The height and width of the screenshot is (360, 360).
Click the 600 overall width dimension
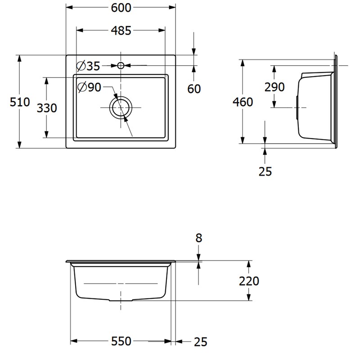coord(121,8)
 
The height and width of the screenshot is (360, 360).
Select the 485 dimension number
coord(121,31)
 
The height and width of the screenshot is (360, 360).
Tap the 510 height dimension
coord(20,102)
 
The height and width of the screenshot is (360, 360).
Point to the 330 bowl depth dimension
coord(47,108)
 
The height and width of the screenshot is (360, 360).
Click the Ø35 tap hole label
coord(88,66)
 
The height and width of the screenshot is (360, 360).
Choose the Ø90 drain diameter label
coord(89,87)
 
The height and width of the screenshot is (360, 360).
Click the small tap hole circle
coord(121,66)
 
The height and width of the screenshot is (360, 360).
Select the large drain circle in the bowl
coord(121,108)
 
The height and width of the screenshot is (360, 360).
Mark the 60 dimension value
coord(194,89)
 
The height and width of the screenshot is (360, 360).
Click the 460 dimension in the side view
coord(243,102)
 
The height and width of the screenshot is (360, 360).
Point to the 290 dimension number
coord(274,87)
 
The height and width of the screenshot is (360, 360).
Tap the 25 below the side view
coord(265,171)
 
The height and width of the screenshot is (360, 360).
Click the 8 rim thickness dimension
coord(199,238)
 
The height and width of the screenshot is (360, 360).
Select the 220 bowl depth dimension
coord(249,281)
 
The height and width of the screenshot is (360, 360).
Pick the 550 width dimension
coord(121,342)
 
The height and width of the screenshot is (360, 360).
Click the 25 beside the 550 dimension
coord(201,342)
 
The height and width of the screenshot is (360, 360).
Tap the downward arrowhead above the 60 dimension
coord(194,52)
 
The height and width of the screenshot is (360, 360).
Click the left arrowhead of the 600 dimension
coord(70,7)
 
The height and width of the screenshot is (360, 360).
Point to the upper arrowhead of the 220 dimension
coord(248,264)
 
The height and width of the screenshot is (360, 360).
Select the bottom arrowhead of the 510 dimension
coord(19,144)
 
